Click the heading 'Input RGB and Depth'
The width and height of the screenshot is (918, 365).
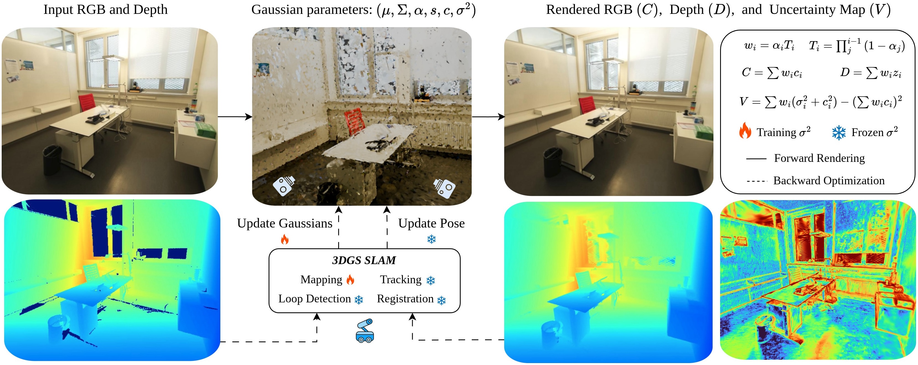pos(106,10)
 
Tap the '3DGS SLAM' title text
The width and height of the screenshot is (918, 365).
pos(364,261)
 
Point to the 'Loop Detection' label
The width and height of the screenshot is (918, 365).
pos(314,299)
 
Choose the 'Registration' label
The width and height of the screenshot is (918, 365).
pos(405,299)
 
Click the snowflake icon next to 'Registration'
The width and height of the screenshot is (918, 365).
pos(442,300)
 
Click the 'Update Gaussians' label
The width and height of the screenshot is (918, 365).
pos(284,223)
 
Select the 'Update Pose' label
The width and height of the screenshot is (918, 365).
pos(431,223)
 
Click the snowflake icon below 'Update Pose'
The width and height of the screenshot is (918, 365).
pos(432,239)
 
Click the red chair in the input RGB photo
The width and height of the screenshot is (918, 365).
pos(86,102)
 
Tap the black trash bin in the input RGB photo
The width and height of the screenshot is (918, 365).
pos(52,159)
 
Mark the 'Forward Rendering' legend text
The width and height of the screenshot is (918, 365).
pos(819,158)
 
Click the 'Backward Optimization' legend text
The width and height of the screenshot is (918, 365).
pos(828,181)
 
